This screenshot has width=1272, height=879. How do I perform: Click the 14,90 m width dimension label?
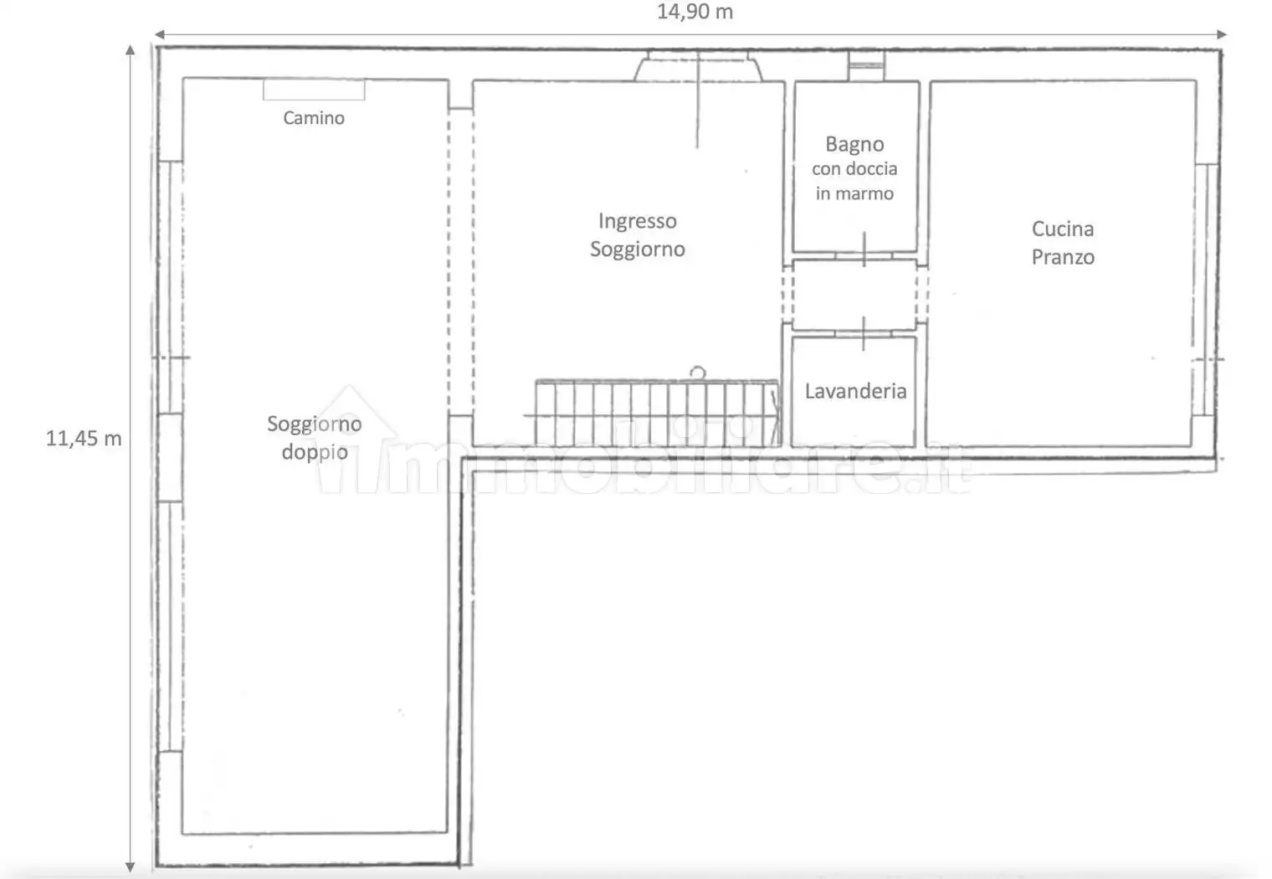coord(695,12)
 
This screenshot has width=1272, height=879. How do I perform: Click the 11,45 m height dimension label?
coord(84,438)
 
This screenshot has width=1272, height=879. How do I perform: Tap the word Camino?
coord(314,117)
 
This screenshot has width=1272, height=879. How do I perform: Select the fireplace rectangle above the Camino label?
coord(314,90)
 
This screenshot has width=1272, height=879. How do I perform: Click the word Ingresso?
coord(637,221)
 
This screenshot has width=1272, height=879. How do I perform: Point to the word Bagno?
coord(854,144)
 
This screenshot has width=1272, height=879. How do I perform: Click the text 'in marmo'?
coord(854,193)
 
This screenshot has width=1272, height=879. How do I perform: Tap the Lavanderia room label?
coord(855,391)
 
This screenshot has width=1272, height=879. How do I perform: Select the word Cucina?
coord(1063,229)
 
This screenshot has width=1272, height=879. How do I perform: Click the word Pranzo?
coord(1063,257)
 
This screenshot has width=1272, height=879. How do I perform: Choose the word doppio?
coord(315,452)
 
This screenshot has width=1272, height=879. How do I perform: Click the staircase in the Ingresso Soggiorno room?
coord(657,412)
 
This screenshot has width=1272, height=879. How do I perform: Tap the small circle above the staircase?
coord(697,373)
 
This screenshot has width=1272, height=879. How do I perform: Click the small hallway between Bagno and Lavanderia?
coord(854,295)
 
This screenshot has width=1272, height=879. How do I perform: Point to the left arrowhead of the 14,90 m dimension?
coord(160,34)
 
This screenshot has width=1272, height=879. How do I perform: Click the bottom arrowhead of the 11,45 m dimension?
coord(130,867)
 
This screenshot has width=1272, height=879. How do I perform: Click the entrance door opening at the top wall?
coord(698,66)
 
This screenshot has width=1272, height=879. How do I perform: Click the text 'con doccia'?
coord(854,169)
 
